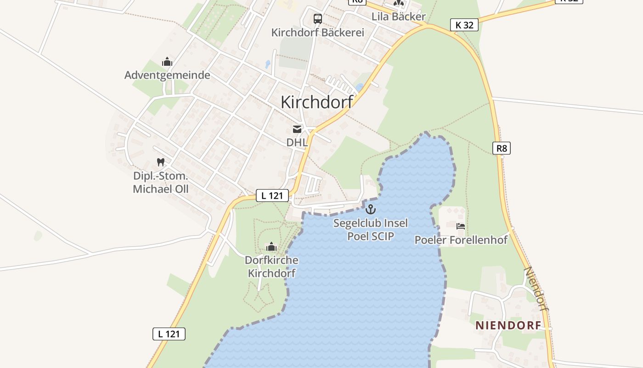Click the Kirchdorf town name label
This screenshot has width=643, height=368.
click(x=317, y=102)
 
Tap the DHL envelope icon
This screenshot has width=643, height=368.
click(x=297, y=129)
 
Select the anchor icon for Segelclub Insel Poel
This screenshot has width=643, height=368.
click(x=370, y=209)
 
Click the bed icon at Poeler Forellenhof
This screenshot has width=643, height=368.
click(x=461, y=226)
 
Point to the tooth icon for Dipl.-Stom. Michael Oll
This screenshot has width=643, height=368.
click(x=160, y=162)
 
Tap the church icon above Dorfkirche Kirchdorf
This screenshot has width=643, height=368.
click(x=271, y=247)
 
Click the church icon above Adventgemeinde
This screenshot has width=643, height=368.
click(x=167, y=62)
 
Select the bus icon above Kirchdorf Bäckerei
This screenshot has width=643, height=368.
click(x=317, y=19)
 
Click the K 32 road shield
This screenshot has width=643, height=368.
click(x=464, y=25)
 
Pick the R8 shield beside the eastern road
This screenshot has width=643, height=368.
click(x=502, y=148)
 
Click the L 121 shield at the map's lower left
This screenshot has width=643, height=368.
click(x=169, y=334)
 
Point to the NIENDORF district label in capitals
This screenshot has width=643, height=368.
click(x=508, y=326)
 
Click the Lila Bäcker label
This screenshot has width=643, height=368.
click(x=399, y=17)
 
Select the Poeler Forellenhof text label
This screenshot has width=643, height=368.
click(x=461, y=240)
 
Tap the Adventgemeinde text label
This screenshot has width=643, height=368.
click(x=167, y=75)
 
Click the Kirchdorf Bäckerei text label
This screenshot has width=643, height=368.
click(x=317, y=33)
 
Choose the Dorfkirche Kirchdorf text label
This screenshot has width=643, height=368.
click(x=271, y=266)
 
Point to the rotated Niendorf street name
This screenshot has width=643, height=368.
click(x=536, y=288)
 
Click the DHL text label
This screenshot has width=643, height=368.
click(x=297, y=142)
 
